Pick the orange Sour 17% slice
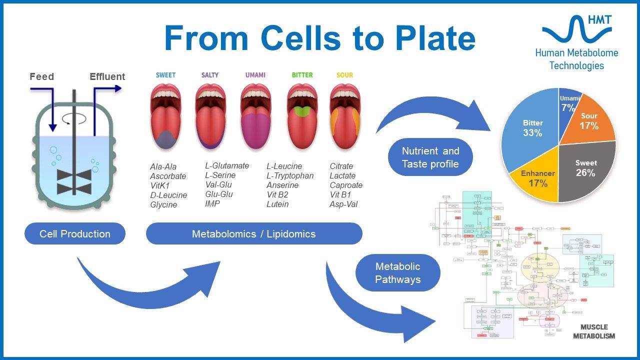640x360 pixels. click(590, 120)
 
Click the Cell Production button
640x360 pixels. click(75, 234)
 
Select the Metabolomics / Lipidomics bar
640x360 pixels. click(254, 234)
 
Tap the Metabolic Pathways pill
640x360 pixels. click(398, 273)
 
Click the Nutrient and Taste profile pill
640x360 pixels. click(430, 157)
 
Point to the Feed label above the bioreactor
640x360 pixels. click(41, 77)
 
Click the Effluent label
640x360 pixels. click(107, 77)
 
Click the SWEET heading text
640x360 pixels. click(165, 75)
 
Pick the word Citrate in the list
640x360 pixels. click(341, 166)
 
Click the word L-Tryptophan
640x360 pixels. click(290, 175)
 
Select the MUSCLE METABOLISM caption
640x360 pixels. click(594, 331)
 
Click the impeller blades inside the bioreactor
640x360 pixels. click(74, 181)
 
